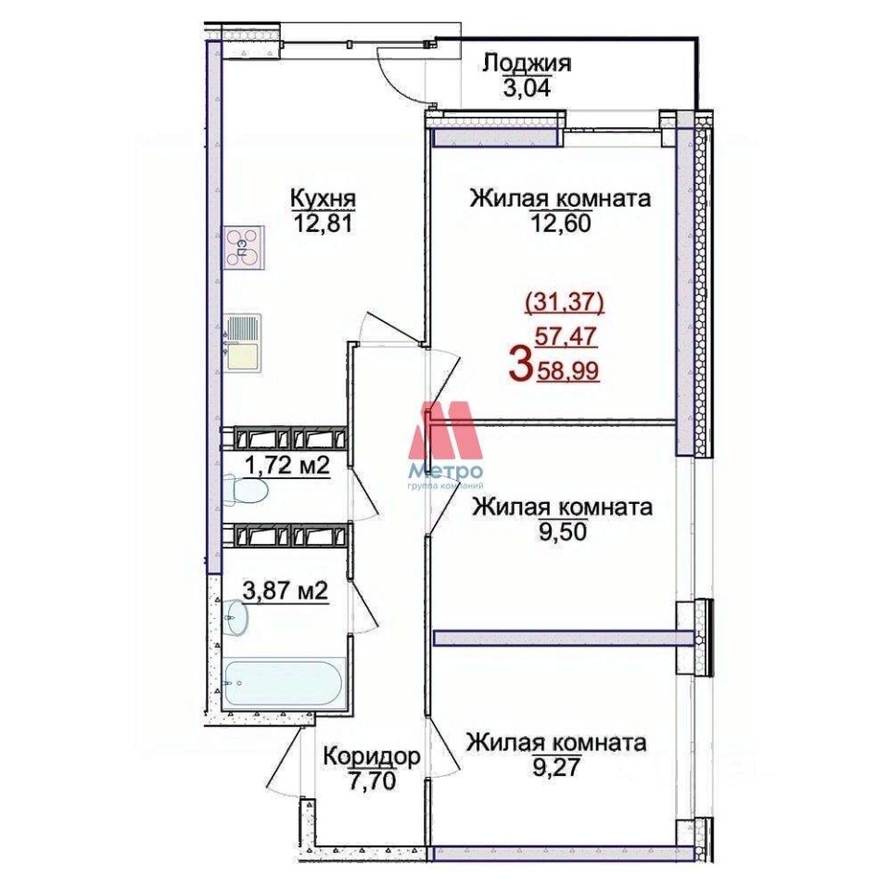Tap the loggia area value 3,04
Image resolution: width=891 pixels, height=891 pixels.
(527, 89)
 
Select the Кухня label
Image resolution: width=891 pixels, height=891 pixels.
(323, 200)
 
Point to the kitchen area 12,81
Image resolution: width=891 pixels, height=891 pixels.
(323, 224)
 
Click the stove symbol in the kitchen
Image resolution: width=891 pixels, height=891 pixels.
(244, 247)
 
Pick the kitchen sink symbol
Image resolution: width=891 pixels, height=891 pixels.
(243, 344)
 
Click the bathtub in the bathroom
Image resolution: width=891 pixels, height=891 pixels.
(284, 683)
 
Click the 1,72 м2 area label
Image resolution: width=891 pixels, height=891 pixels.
(287, 467)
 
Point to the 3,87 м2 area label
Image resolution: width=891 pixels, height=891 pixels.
(286, 590)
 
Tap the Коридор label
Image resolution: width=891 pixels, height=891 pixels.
(372, 756)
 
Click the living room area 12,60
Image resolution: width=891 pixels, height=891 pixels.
(561, 223)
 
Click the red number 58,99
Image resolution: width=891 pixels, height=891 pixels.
(567, 372)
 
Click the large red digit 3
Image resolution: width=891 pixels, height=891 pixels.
(521, 366)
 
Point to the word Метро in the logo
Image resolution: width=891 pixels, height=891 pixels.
(447, 471)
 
